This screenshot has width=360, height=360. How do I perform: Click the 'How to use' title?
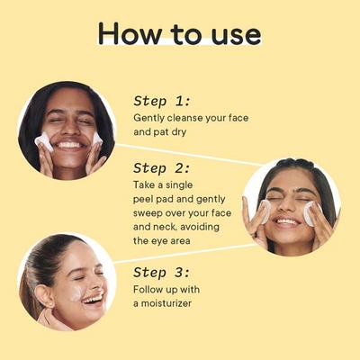click(x=179, y=33)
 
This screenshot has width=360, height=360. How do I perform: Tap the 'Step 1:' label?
click(x=162, y=101)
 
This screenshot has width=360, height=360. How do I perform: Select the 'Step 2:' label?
click(x=162, y=168)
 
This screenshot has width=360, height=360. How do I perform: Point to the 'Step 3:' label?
click(x=162, y=273)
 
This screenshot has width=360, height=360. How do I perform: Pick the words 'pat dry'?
click(x=170, y=132)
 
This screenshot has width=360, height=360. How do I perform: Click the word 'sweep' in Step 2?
click(x=148, y=213)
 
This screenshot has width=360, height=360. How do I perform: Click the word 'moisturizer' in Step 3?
click(x=166, y=303)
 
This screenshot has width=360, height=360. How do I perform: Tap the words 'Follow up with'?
click(x=166, y=290)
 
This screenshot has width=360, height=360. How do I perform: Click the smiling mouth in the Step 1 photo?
click(x=69, y=146)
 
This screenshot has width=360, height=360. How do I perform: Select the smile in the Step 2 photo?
click(x=287, y=222)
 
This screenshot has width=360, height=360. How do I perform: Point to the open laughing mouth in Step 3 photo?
click(x=94, y=299)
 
